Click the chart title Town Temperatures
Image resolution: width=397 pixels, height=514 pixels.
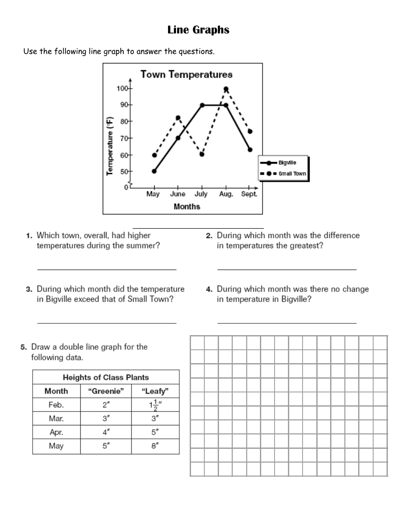(x=186, y=75)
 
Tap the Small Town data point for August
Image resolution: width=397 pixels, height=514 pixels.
(x=226, y=89)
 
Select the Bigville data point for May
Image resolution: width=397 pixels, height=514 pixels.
(x=154, y=171)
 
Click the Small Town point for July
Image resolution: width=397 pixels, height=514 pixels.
(x=202, y=154)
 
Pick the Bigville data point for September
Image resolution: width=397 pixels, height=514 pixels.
(x=250, y=150)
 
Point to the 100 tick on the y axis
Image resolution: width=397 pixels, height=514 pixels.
(x=123, y=89)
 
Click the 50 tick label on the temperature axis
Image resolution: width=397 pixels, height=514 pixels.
(x=124, y=171)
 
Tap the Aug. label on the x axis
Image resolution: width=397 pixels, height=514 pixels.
(x=226, y=194)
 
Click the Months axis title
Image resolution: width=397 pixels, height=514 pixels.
(x=187, y=206)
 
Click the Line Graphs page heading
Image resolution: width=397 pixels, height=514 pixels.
(x=198, y=30)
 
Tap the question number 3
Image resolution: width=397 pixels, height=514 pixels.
(x=29, y=289)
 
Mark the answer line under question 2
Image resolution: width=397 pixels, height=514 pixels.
(x=287, y=270)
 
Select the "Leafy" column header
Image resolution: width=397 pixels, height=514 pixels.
(x=155, y=392)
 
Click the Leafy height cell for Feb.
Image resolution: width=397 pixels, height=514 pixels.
(x=155, y=405)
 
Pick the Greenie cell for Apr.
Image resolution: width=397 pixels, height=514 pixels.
(x=106, y=433)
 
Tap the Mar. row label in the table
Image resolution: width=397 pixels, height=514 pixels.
(x=56, y=419)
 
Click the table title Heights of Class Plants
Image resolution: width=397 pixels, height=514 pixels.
(x=106, y=377)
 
